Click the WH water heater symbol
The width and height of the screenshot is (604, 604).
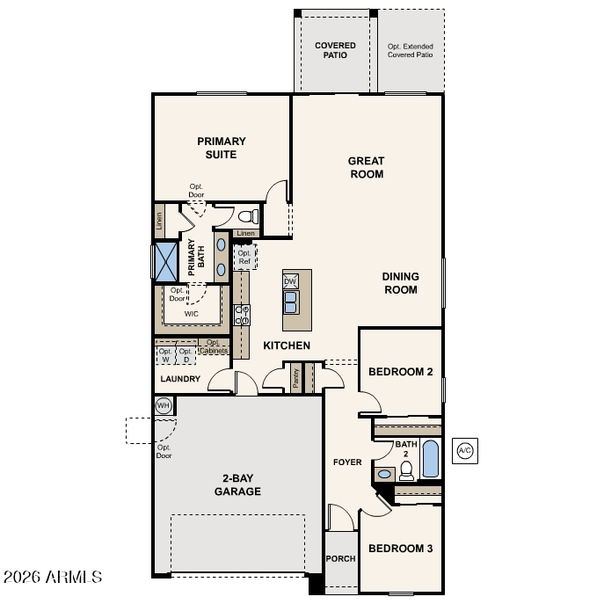pos(164,405)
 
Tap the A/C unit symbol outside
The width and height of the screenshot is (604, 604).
pos(464,451)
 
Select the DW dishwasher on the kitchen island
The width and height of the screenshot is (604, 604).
pos(290,281)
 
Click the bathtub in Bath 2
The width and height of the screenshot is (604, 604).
pos(430,459)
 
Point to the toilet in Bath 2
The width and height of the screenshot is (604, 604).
pos(406,470)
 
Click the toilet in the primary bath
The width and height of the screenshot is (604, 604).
pos(249,216)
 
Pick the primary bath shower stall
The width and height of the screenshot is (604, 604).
pos(166,262)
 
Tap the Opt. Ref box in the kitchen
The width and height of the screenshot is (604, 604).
pos(245,257)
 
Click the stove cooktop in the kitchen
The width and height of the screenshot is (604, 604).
pos(243,315)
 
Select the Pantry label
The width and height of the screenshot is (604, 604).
pos(295,378)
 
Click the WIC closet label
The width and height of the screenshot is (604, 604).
pos(192,314)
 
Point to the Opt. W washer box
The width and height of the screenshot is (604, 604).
pos(165,355)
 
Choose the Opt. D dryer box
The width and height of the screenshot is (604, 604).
pos(186,355)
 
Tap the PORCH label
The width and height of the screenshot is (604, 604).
pos(340,558)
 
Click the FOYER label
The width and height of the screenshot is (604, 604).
pos(347,462)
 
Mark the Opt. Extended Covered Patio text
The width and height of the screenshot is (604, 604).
pos(411,50)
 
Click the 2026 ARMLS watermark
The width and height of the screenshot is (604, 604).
pos(53,577)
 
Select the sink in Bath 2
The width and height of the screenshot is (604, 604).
pos(384,474)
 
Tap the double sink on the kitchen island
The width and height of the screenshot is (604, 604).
pos(290,302)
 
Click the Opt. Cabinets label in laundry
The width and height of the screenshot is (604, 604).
pos(214,346)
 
